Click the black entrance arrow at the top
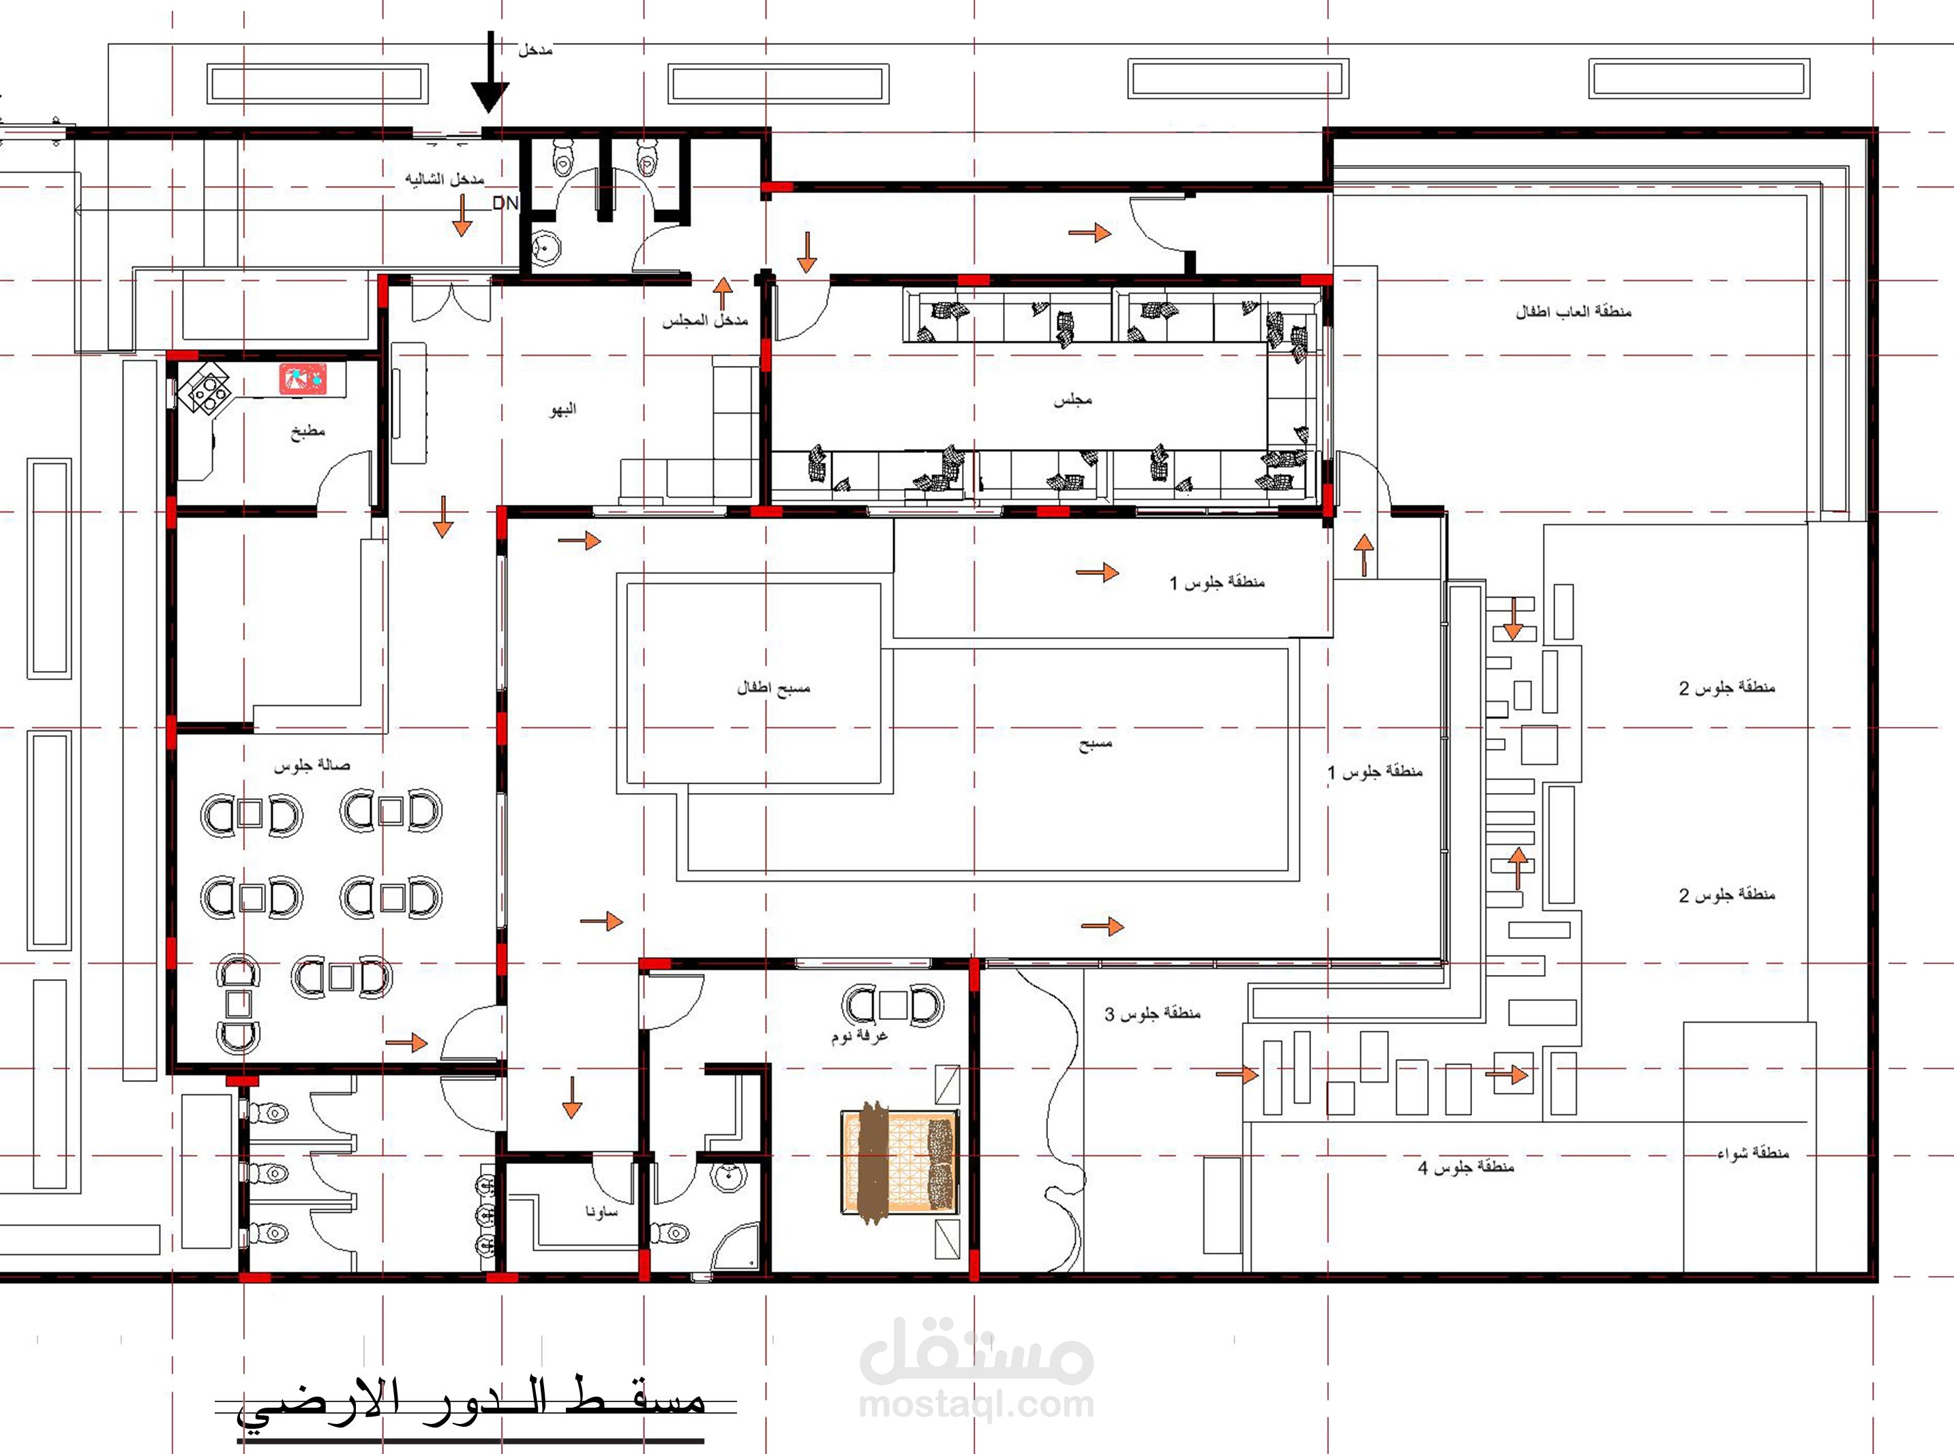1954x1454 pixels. click(x=490, y=75)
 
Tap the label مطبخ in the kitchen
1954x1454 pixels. click(x=308, y=431)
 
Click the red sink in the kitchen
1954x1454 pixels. click(x=304, y=378)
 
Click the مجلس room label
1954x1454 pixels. click(x=1072, y=401)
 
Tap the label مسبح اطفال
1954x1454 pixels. click(x=773, y=687)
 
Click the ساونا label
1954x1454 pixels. click(x=602, y=1211)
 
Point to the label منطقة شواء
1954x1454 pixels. click(x=1754, y=1152)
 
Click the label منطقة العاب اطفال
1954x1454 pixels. click(x=1574, y=311)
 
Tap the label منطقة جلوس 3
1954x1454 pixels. click(x=1153, y=1013)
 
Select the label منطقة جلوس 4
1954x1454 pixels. click(x=1466, y=1167)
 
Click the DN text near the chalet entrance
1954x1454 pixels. click(x=505, y=203)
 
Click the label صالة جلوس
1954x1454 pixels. click(x=312, y=765)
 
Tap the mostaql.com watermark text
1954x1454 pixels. click(x=976, y=1406)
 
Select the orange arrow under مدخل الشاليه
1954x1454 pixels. click(x=462, y=215)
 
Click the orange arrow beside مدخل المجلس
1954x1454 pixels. click(x=723, y=294)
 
